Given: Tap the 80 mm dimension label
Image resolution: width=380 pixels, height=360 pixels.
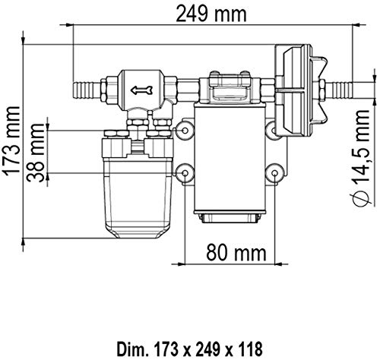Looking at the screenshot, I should tap(236, 251).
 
